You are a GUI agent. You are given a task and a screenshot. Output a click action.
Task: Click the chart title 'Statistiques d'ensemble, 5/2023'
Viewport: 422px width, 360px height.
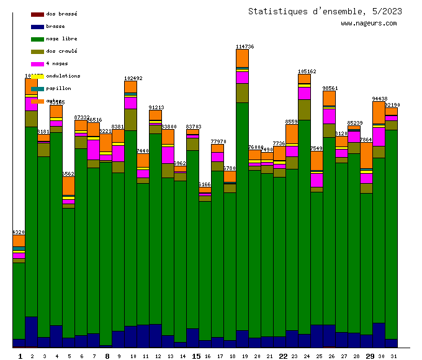point(325,11)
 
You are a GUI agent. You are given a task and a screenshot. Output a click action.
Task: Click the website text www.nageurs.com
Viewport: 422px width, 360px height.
point(369,24)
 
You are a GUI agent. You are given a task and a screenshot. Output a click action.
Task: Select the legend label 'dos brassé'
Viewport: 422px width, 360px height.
point(61,14)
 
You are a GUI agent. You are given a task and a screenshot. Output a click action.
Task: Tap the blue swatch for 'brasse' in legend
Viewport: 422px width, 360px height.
point(37,27)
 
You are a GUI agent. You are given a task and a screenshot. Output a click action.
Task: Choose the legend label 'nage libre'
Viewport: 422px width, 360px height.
point(61,38)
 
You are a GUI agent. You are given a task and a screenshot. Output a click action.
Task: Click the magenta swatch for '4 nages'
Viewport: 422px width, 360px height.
point(37,64)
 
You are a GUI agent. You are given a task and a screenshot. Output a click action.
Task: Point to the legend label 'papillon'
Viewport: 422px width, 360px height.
point(58,88)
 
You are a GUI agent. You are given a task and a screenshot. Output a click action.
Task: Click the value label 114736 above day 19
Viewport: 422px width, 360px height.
point(245,47)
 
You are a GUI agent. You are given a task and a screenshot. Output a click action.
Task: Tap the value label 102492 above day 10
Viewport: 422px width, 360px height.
point(133,78)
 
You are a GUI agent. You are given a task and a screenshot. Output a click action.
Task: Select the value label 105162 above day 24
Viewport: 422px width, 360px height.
point(307,71)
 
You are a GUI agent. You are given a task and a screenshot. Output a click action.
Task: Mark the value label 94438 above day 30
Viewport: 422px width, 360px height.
point(379,99)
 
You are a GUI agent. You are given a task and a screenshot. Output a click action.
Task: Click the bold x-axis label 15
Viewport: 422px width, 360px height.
point(195,356)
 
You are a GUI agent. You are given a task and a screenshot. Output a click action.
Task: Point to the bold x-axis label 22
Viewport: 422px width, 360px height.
point(282,356)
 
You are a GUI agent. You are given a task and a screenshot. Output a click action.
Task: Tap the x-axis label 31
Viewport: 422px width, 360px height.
point(393,356)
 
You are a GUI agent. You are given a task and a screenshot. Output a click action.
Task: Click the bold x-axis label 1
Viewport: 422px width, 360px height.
point(20,356)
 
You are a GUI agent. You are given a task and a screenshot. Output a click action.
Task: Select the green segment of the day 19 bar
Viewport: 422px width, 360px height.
point(242,217)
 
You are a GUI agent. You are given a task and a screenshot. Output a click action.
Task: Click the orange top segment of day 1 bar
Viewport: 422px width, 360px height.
point(19,241)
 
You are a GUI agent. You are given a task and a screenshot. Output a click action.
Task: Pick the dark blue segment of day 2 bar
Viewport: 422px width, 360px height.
point(31,331)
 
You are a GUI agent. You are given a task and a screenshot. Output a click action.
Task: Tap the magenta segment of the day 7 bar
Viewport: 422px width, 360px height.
point(93,150)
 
